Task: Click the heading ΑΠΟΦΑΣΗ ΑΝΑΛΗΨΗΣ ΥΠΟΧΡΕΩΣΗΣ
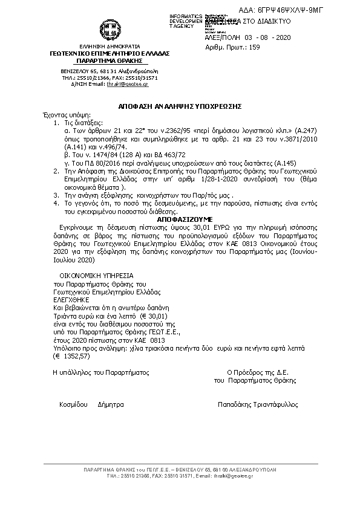(180, 105)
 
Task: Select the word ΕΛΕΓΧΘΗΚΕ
(71, 299)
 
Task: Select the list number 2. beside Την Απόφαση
(56, 171)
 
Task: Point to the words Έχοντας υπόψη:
(56, 114)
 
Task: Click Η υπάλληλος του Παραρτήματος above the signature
(100, 373)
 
